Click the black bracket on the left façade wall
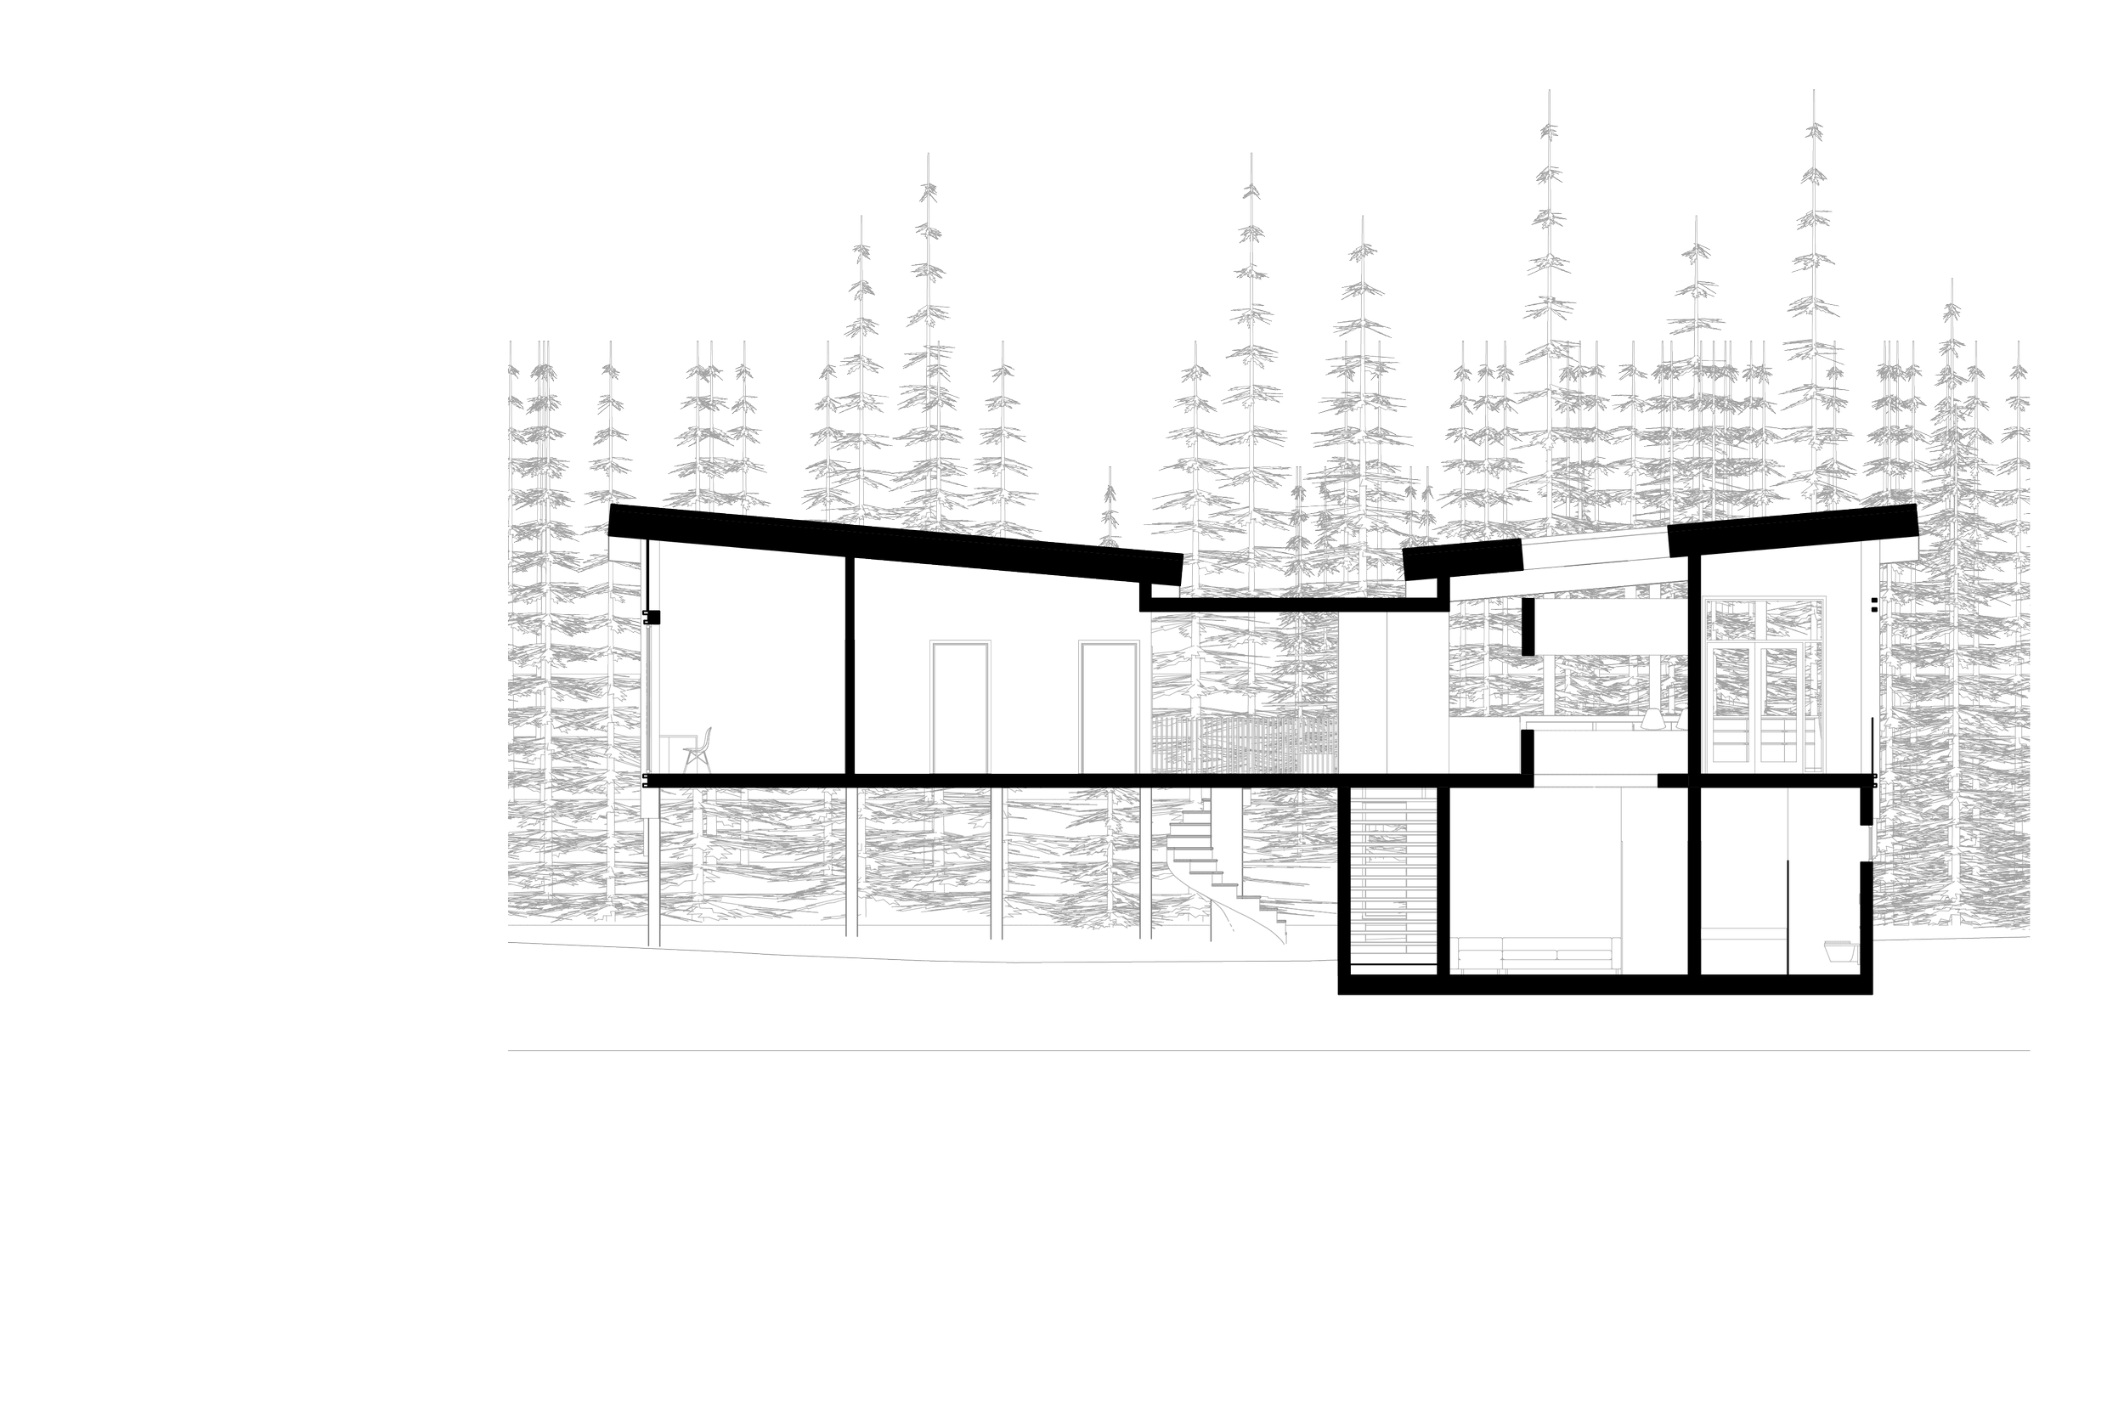click(x=649, y=617)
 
